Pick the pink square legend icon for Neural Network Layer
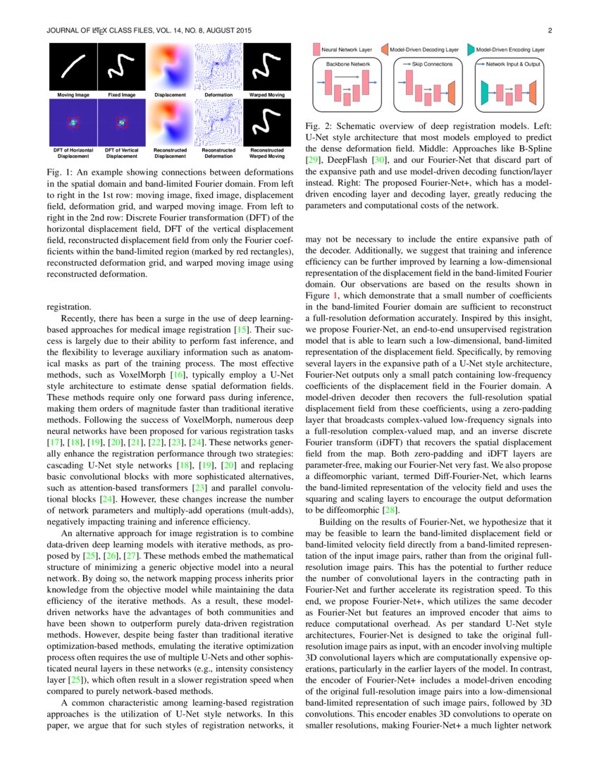pos(316,50)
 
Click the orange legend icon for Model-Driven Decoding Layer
pos(385,50)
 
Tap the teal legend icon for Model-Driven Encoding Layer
pos(471,50)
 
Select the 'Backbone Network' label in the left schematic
pos(348,64)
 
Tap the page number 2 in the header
pos(550,31)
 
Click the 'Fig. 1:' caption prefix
pos(57,173)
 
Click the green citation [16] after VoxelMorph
pos(180,374)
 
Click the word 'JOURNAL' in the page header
pos(63,31)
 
